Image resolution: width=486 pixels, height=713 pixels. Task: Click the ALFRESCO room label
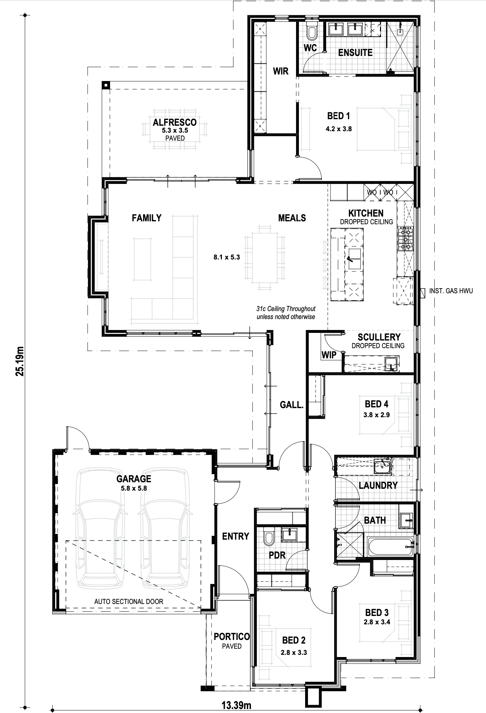point(175,122)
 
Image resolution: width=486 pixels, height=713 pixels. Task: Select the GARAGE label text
point(134,479)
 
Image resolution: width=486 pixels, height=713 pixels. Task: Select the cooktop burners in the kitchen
point(406,239)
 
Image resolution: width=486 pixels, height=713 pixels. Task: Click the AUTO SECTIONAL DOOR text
point(129,601)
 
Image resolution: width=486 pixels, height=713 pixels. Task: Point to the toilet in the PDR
point(269,538)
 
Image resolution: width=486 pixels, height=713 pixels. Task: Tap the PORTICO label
point(232,636)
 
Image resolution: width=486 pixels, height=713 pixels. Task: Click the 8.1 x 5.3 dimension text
point(227,257)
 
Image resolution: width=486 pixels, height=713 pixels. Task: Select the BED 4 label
point(376,404)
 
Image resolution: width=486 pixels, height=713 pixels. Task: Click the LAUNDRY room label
point(378,485)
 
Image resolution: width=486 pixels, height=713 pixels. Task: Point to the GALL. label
point(291,404)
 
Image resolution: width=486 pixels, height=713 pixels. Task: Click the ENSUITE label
point(355,53)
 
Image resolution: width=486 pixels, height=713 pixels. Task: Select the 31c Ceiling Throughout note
point(286,309)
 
